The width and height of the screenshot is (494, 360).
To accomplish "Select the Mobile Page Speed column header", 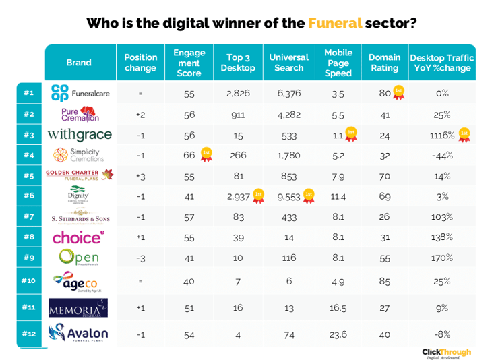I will pyautogui.click(x=338, y=63).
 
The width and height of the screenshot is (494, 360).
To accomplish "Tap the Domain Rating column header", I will pyautogui.click(x=385, y=63).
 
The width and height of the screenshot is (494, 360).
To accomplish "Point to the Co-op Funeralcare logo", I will pyautogui.click(x=79, y=92).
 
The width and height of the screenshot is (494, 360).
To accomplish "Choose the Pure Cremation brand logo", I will pyautogui.click(x=79, y=113).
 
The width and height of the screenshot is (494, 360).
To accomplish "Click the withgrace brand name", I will pyautogui.click(x=79, y=134).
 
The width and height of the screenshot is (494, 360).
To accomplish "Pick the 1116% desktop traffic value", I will pyautogui.click(x=441, y=135).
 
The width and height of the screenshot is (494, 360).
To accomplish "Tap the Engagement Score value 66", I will pyautogui.click(x=189, y=156).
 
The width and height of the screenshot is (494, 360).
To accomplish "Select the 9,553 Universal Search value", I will pyautogui.click(x=288, y=197).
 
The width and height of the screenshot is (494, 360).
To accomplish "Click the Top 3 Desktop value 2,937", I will pyautogui.click(x=239, y=197).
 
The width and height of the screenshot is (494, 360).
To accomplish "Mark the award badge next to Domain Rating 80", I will pyautogui.click(x=399, y=92).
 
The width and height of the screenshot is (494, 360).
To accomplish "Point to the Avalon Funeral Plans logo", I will pyautogui.click(x=79, y=332).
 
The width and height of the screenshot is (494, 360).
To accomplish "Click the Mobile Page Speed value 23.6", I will pyautogui.click(x=338, y=334).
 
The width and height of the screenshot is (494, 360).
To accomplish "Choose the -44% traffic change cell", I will pyautogui.click(x=442, y=156).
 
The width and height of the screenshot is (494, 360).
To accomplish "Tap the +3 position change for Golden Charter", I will pyautogui.click(x=141, y=177).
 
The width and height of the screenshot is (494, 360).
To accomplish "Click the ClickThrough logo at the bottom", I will pyautogui.click(x=446, y=353).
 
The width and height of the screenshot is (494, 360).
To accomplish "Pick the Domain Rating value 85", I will pyautogui.click(x=385, y=282).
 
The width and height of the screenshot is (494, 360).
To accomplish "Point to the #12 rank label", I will pyautogui.click(x=28, y=334).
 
